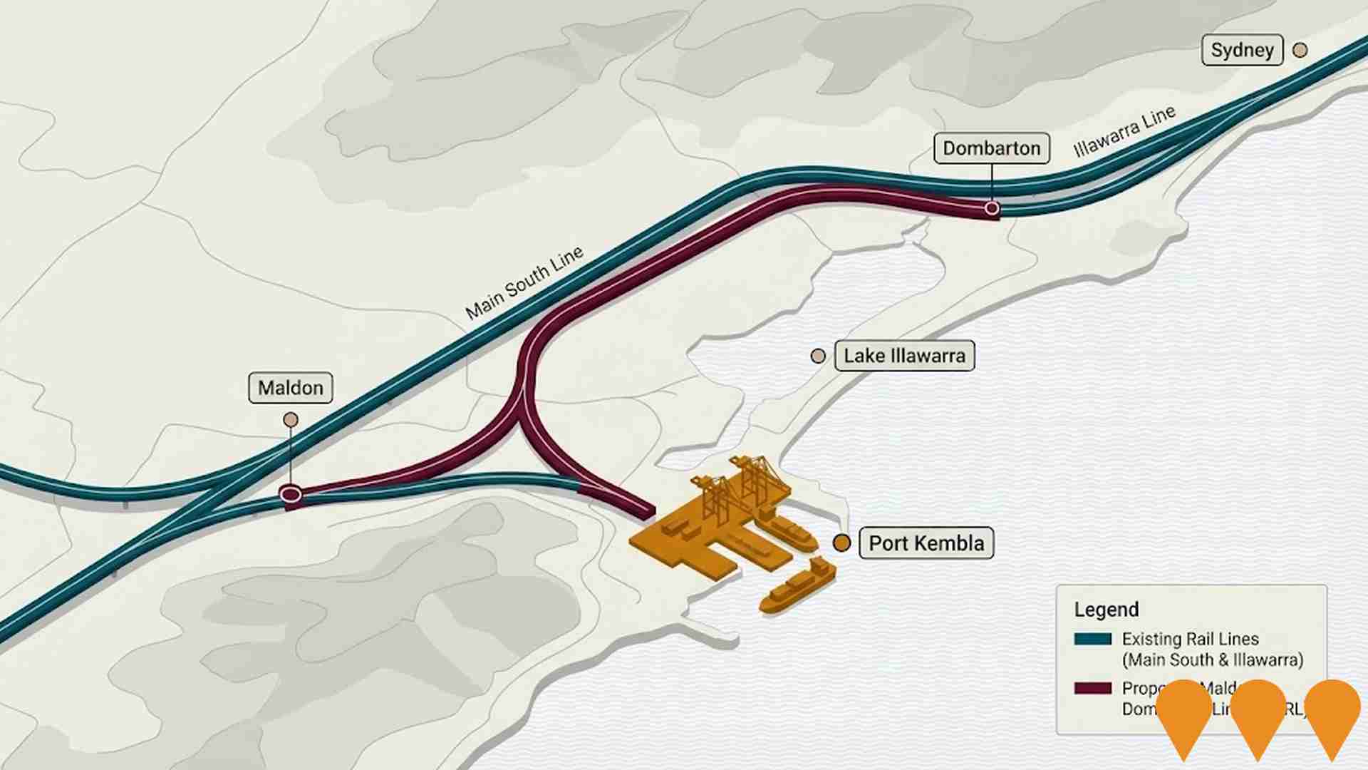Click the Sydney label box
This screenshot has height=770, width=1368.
(x=1242, y=50)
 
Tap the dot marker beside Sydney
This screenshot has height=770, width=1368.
(x=1300, y=50)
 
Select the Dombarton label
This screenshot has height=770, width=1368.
(x=991, y=148)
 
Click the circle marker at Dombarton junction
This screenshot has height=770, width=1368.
(x=992, y=208)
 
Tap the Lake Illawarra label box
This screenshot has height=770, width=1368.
(x=904, y=356)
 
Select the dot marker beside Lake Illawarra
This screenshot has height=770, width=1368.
(x=818, y=356)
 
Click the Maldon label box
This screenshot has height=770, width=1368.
(x=291, y=388)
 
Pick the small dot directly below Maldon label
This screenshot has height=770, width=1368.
(x=291, y=420)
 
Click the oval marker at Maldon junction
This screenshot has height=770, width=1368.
(x=290, y=493)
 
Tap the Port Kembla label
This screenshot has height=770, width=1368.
(x=926, y=543)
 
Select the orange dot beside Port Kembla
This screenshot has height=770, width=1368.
(x=841, y=543)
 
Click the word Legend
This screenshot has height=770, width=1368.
(x=1107, y=610)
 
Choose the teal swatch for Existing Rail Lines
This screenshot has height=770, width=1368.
(x=1092, y=639)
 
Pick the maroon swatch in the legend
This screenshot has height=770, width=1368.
(x=1092, y=688)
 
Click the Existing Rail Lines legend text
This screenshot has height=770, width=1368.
(x=1212, y=650)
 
